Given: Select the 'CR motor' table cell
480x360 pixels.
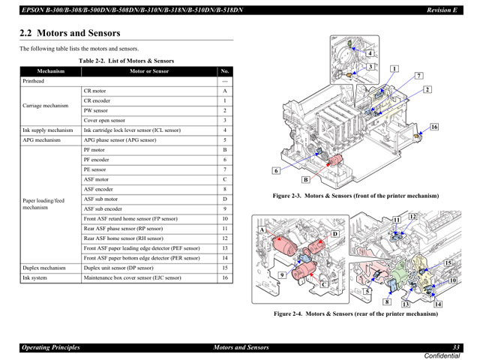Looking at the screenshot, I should point(94,91).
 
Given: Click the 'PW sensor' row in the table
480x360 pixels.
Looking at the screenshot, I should point(95,110).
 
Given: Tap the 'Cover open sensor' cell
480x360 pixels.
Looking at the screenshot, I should point(104,120).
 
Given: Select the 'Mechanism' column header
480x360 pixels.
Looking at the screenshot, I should point(50,71).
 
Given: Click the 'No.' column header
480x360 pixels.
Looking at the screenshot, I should point(224,71).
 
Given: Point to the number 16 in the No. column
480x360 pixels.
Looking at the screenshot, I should point(224,277).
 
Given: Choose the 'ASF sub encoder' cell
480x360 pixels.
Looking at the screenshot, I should point(104,208).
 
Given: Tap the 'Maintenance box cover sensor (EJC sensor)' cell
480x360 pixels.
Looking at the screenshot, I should point(133,277).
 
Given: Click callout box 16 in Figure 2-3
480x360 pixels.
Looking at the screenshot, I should point(433,127).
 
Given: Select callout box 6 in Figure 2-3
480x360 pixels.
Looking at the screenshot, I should point(276,171).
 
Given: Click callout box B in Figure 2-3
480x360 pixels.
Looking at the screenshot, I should point(306,180).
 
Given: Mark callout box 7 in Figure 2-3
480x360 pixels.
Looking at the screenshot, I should point(418,76).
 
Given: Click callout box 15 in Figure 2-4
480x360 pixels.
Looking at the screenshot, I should point(447,262).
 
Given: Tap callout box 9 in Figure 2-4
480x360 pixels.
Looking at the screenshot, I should point(283,274).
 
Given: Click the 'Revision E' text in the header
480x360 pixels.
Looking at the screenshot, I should point(442,9).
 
